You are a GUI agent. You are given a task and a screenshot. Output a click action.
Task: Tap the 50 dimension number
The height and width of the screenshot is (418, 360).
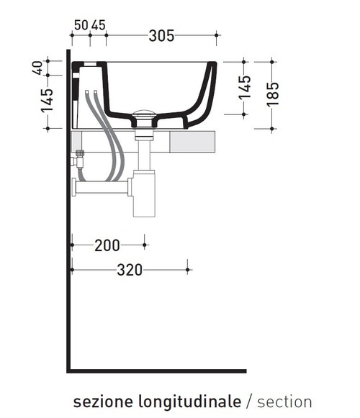click(x=81, y=24)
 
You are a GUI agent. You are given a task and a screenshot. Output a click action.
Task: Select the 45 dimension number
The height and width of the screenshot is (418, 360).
click(x=98, y=24)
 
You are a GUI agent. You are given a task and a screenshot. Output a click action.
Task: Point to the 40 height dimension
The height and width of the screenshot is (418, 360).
click(x=37, y=68)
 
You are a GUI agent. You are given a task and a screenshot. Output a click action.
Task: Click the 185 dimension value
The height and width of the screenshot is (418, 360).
click(x=272, y=94)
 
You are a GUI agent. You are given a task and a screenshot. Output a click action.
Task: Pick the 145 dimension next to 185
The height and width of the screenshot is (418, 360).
click(x=245, y=87)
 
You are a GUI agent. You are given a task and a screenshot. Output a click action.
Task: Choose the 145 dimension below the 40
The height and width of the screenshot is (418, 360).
click(x=48, y=101)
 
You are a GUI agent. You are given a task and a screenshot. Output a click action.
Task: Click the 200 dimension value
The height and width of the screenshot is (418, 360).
click(x=107, y=245)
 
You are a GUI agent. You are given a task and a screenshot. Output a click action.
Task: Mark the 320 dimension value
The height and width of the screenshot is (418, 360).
click(x=130, y=270)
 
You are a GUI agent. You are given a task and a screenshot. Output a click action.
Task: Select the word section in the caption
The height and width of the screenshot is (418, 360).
click(x=284, y=401)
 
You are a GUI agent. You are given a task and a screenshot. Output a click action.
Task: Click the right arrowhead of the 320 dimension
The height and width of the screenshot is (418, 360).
click(x=188, y=270)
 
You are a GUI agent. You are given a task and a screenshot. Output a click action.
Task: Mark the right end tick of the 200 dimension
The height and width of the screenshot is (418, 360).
click(x=145, y=245)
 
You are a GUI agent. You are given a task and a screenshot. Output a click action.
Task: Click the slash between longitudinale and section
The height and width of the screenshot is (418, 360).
click(x=250, y=401)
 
